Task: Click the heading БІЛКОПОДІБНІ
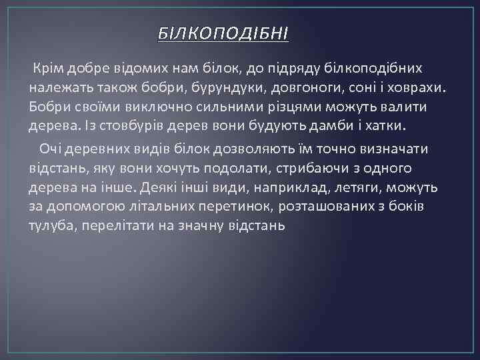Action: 223,34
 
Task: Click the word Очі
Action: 51,148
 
